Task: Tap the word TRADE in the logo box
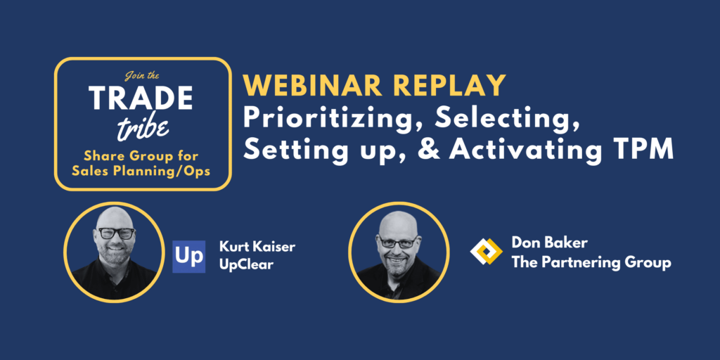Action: click(x=141, y=98)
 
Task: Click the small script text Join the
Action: click(x=142, y=77)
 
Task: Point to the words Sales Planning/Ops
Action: click(x=142, y=171)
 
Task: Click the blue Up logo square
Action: click(x=188, y=256)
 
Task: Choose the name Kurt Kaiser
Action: click(x=257, y=247)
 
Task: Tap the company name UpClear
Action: click(x=246, y=265)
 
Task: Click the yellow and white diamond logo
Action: click(x=487, y=252)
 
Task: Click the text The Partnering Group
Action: click(x=591, y=263)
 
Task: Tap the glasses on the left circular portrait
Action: click(x=115, y=233)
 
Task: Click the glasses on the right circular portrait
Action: click(x=398, y=243)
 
